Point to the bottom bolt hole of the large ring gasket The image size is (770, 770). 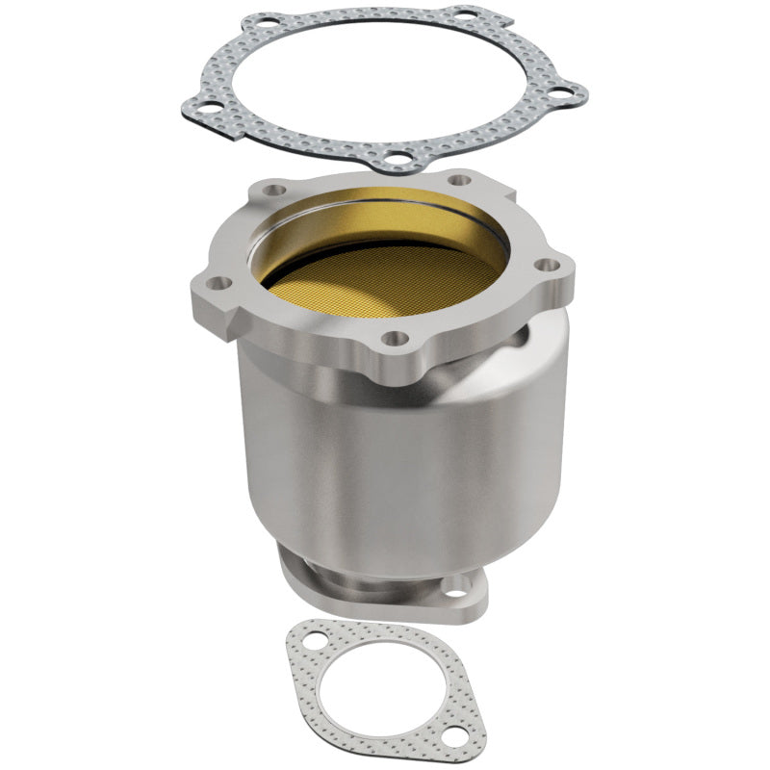coord(396,156)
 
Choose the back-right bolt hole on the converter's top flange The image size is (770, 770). coord(460,179)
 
